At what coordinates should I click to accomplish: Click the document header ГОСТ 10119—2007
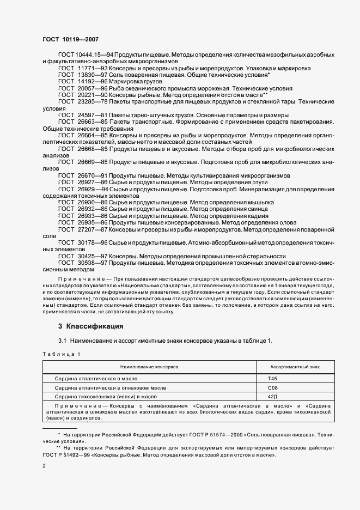tap(70, 40)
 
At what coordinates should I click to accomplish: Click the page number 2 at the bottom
tap(44, 466)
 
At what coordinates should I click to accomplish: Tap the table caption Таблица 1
tap(61, 354)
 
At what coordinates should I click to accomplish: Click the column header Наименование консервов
tap(149, 367)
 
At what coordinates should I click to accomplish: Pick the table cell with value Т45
tap(272, 378)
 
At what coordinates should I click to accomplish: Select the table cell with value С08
tap(273, 387)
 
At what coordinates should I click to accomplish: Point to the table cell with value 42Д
tap(273, 396)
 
